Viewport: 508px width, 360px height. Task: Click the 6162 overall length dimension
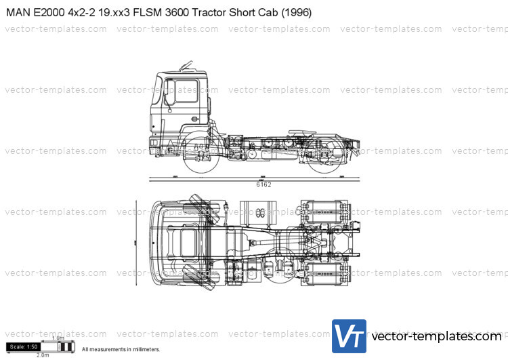[263, 184]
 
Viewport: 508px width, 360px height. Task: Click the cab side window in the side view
[186, 90]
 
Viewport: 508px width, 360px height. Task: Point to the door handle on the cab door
[194, 119]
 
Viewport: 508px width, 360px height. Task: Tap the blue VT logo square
[349, 336]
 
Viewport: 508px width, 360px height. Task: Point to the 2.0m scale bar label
[42, 355]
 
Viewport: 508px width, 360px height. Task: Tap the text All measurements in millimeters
[121, 349]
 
